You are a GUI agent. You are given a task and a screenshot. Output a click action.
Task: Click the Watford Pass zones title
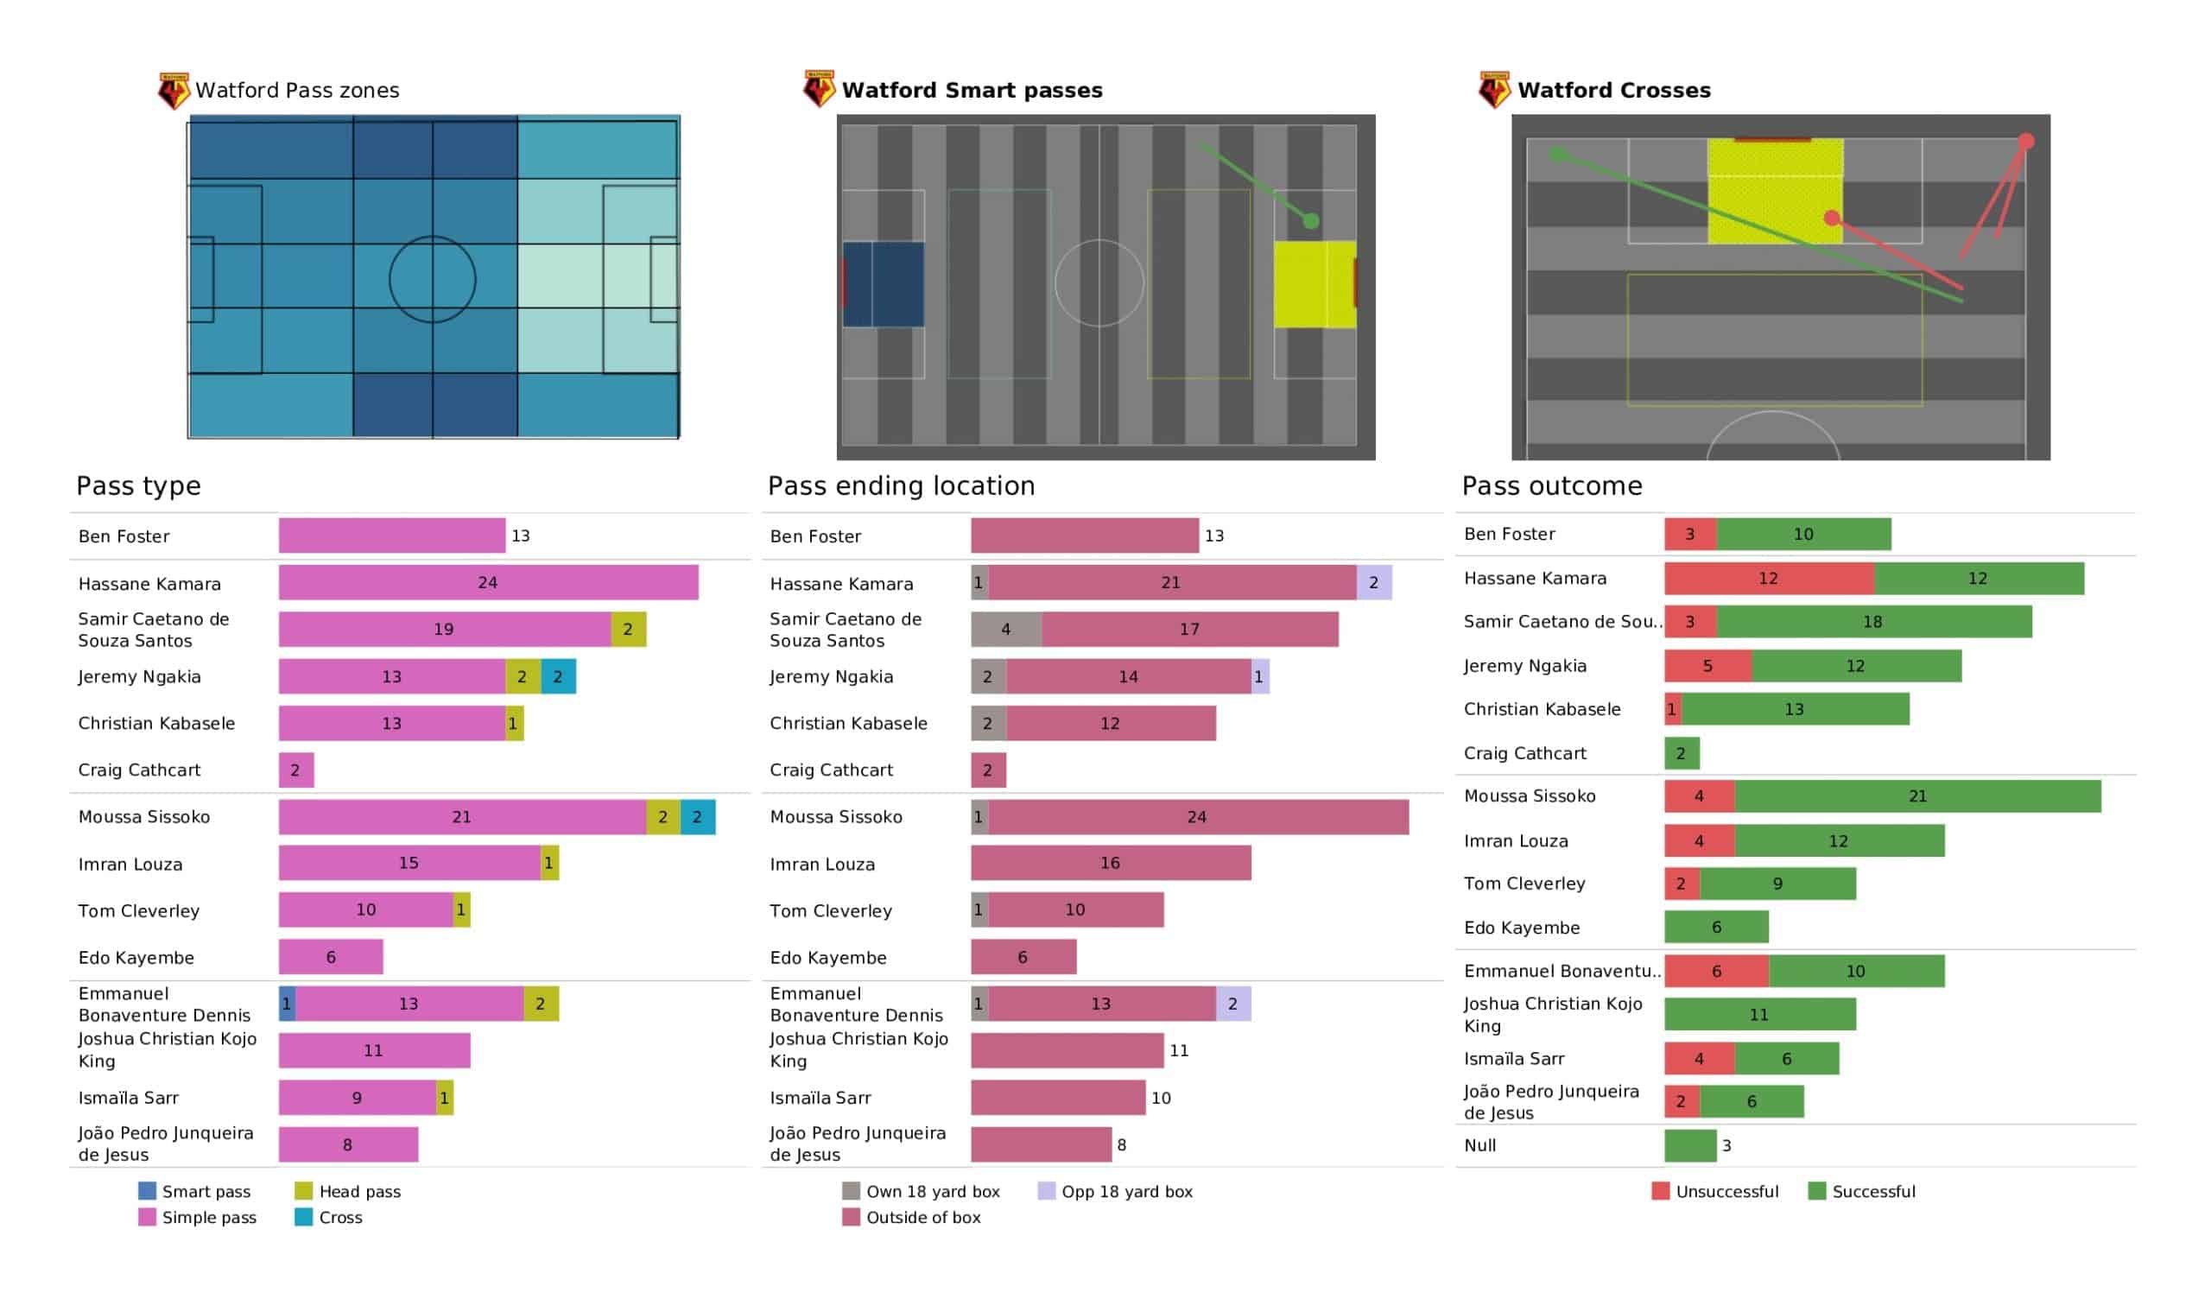coord(296,91)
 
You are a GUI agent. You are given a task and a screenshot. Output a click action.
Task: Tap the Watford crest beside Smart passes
coord(819,90)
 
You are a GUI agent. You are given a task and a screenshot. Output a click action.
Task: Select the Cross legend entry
coord(329,1217)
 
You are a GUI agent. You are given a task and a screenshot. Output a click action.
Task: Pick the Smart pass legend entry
coord(195,1191)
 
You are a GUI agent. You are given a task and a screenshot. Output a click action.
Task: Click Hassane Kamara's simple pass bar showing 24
coord(488,583)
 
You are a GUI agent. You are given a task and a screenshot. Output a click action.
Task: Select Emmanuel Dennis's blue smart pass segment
coord(287,1004)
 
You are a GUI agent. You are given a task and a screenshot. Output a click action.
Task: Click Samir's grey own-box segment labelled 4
coord(1005,630)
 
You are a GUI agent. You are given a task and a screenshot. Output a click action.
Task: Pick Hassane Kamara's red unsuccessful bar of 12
coord(1769,579)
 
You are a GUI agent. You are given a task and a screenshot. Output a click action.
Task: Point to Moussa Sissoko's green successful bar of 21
coord(1917,796)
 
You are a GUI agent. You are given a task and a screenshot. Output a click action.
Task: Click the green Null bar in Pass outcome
coord(1690,1145)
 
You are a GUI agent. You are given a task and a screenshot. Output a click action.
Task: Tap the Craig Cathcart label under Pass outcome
coord(1525,753)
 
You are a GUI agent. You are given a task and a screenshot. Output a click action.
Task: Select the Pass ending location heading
coord(901,486)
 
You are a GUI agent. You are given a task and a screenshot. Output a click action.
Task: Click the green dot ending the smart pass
coord(1311,221)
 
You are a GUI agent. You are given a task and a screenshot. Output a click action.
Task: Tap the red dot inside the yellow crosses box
coord(1831,218)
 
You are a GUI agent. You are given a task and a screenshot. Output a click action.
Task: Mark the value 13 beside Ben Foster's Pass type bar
coord(520,535)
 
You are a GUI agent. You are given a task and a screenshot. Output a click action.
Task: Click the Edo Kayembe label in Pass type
coord(136,958)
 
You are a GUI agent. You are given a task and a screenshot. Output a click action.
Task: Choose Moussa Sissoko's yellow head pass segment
coord(663,817)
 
